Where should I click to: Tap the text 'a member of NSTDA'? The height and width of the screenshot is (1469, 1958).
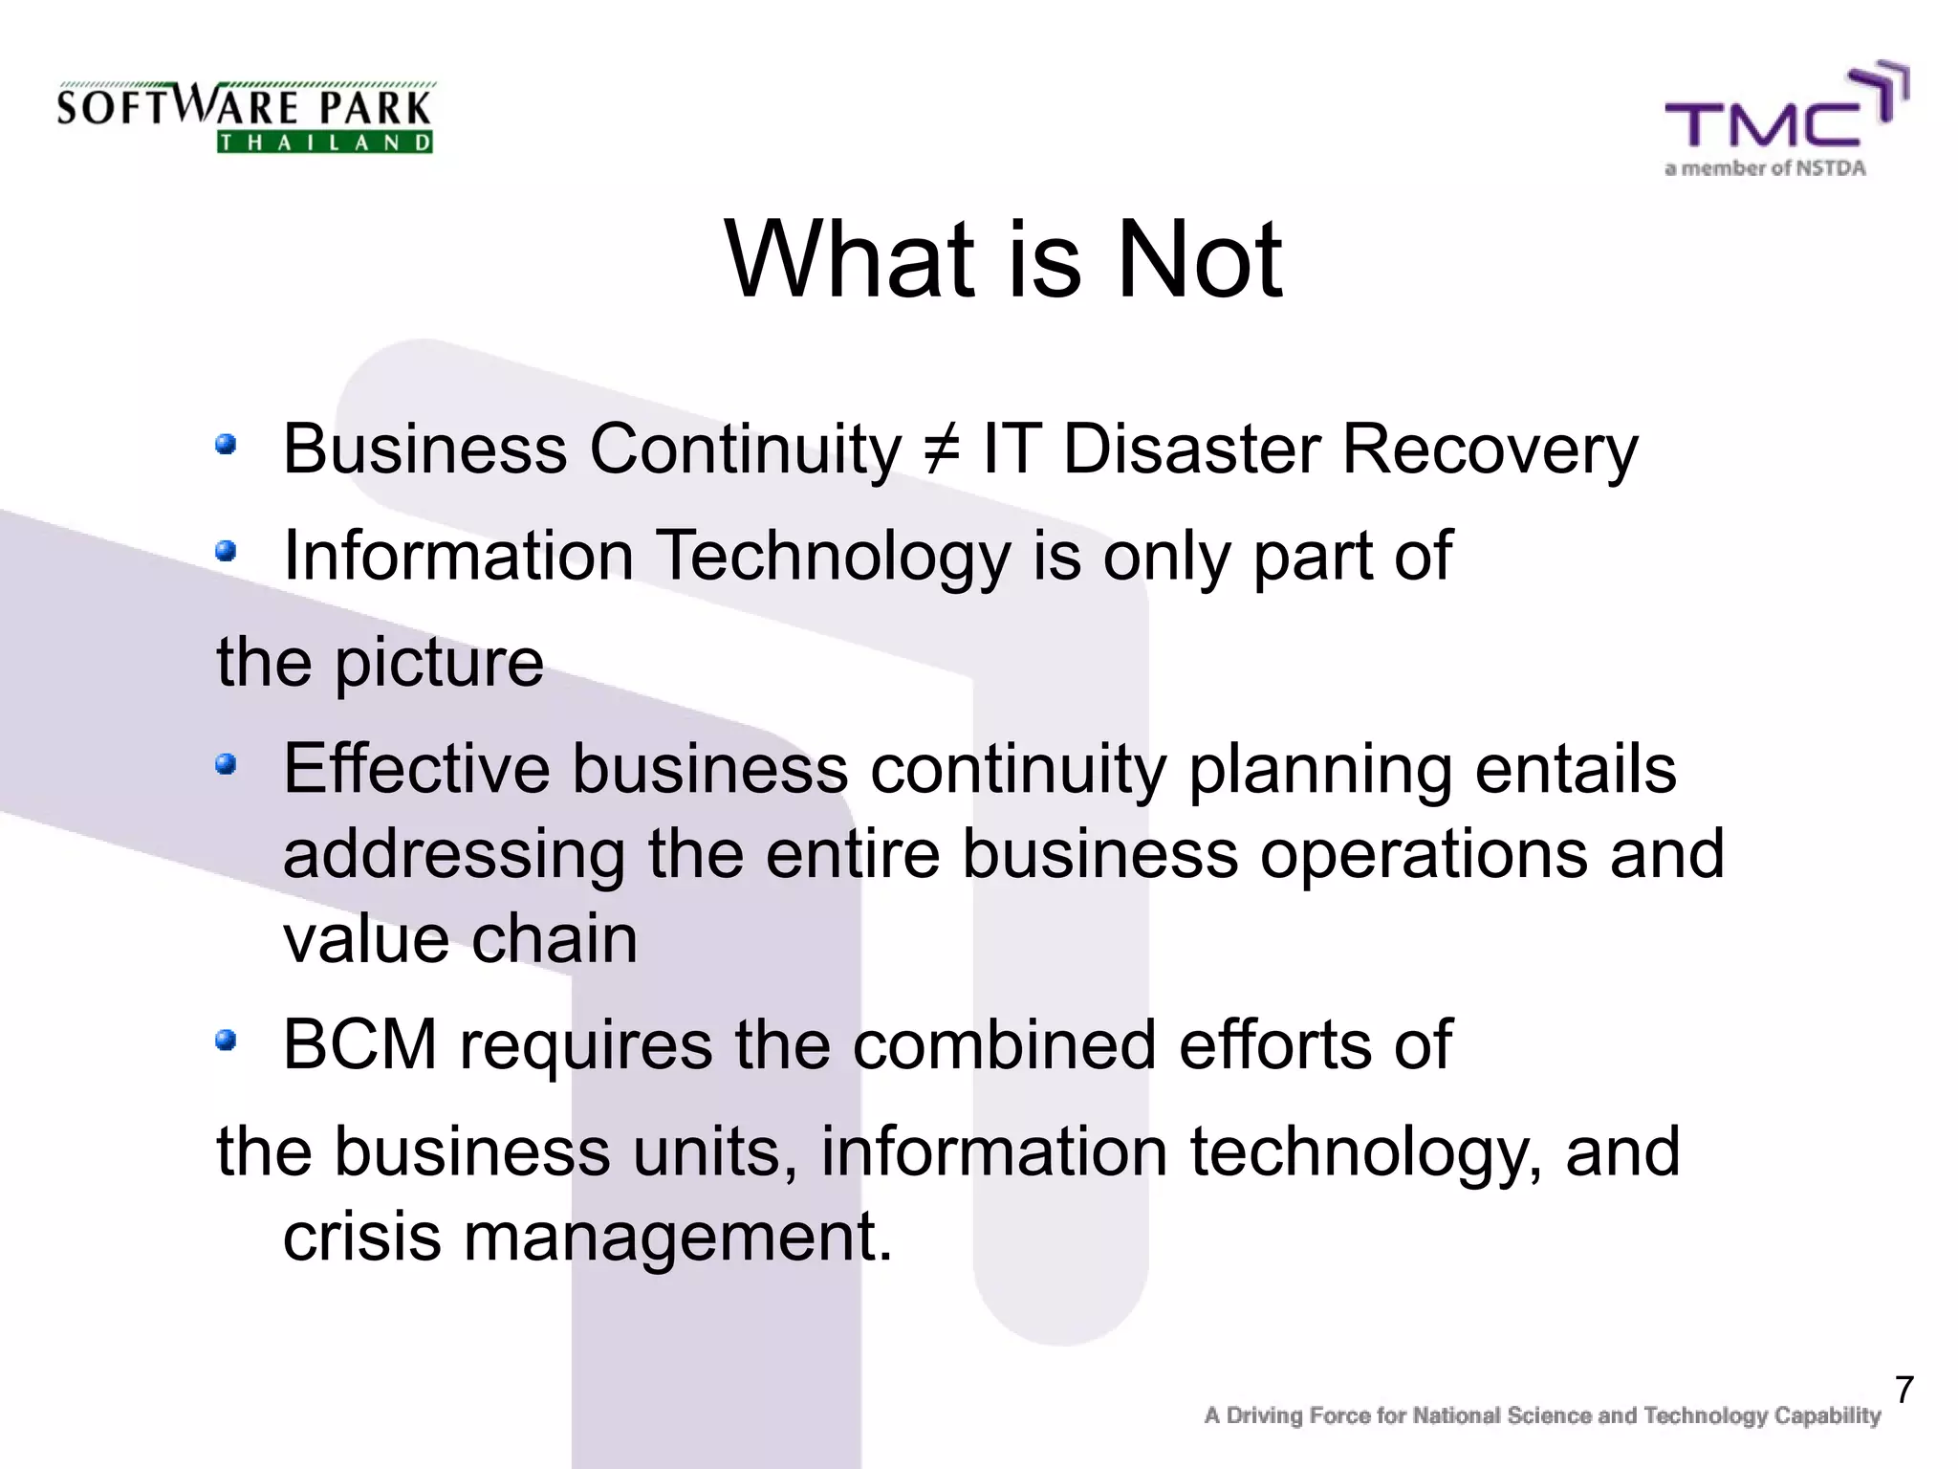click(x=1765, y=169)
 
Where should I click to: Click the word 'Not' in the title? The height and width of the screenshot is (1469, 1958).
click(x=1199, y=259)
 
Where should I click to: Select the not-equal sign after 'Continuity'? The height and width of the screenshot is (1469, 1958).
click(x=942, y=449)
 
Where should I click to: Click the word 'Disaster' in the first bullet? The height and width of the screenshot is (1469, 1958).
click(x=1190, y=449)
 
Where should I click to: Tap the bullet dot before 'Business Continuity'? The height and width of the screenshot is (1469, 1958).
click(x=226, y=444)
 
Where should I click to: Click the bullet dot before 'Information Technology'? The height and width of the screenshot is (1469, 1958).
click(x=226, y=551)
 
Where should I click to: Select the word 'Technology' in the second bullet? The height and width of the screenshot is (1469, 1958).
click(x=832, y=556)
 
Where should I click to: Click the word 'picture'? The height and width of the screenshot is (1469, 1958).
click(x=439, y=662)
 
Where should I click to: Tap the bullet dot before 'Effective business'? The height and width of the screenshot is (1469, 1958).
click(x=226, y=764)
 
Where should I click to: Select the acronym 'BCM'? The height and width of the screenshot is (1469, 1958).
click(x=360, y=1044)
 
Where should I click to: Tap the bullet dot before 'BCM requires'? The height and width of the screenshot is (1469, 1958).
click(x=226, y=1040)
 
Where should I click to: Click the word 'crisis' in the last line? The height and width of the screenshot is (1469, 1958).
click(x=361, y=1236)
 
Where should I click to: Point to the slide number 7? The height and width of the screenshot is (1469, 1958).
click(x=1904, y=1391)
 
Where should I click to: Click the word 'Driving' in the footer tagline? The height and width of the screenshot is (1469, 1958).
click(x=1264, y=1415)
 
